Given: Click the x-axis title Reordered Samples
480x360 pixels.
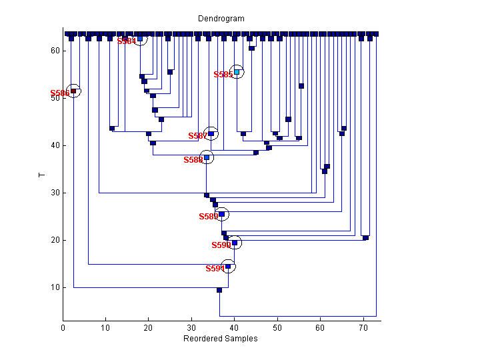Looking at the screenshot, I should click(220, 339).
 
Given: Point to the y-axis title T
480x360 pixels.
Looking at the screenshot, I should click(41, 175).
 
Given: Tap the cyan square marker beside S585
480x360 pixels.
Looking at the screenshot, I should click(237, 72).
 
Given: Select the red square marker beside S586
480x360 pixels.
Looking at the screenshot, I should click(74, 91).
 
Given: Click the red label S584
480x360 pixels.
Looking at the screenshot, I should click(127, 41).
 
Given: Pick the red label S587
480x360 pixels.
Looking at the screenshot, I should click(198, 136).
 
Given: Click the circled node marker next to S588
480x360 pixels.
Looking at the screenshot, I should click(207, 158).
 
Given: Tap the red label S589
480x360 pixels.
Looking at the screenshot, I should click(209, 217).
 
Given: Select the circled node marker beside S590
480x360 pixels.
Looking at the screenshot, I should click(234, 243).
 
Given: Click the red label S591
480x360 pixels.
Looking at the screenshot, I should click(215, 269).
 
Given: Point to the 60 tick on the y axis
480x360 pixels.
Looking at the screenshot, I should click(55, 51).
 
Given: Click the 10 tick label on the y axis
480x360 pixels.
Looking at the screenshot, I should click(55, 288).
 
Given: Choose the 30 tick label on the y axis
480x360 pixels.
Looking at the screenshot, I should click(55, 193).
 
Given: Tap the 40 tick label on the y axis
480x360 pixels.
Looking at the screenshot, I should click(55, 145).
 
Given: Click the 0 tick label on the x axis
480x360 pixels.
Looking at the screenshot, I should click(63, 328).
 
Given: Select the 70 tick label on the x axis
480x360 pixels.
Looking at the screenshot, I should click(363, 328).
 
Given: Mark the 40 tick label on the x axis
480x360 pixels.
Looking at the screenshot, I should click(235, 328).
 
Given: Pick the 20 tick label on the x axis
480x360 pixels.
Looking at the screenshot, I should click(149, 328).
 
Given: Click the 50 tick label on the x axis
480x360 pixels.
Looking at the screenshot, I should click(277, 328).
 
